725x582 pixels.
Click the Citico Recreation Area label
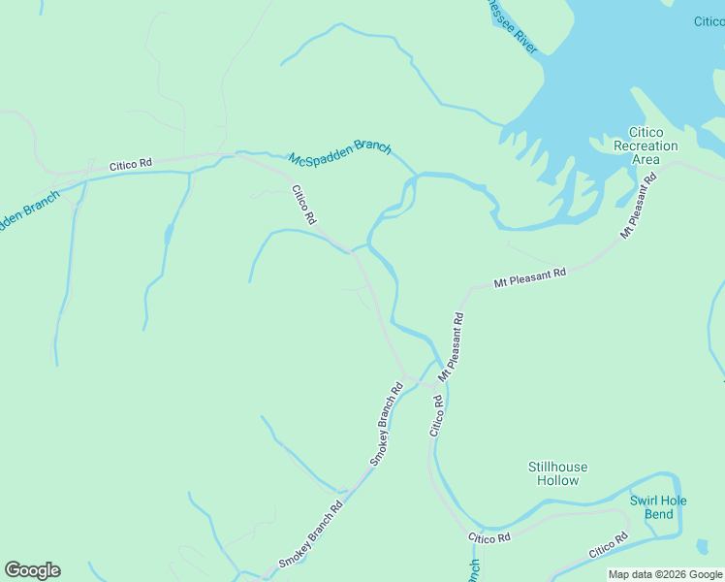[646, 145]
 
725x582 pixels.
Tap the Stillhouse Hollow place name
[557, 473]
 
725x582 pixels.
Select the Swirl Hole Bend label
[658, 507]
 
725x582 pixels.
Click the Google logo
[32, 570]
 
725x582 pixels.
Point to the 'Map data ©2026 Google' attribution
[665, 574]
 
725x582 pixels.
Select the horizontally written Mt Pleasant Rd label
[529, 277]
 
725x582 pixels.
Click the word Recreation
[646, 145]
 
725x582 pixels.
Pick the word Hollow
[557, 480]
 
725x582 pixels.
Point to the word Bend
[659, 514]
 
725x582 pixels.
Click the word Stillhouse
[557, 467]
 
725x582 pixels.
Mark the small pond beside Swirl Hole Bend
[702, 547]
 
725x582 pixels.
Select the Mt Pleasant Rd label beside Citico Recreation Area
[639, 206]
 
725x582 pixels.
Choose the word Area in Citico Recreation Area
[646, 159]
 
